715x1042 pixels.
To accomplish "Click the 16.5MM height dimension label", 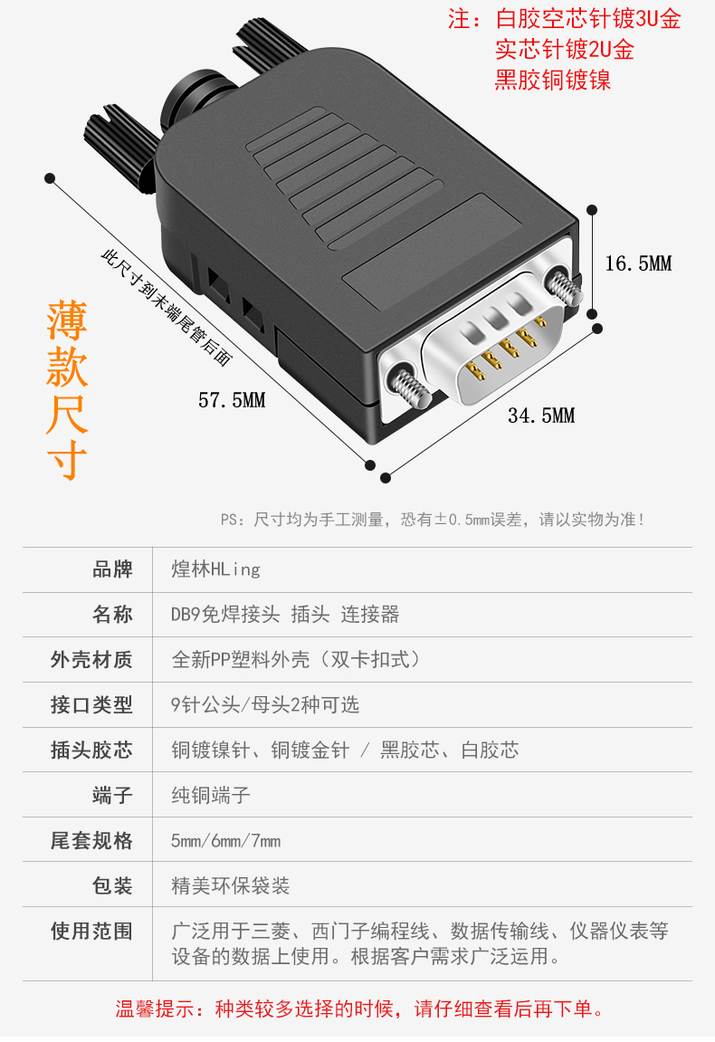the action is pyautogui.click(x=638, y=263).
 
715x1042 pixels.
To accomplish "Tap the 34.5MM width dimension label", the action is pyautogui.click(x=541, y=416).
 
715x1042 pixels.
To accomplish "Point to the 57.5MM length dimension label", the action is pyautogui.click(x=232, y=400).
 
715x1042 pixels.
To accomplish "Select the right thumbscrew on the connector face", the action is pyautogui.click(x=564, y=287).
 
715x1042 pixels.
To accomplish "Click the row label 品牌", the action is pyautogui.click(x=112, y=569).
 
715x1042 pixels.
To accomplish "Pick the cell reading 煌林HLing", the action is pyautogui.click(x=216, y=569).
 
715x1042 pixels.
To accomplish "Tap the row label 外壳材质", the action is pyautogui.click(x=91, y=660).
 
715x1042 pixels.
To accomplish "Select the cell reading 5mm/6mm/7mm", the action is pyautogui.click(x=226, y=841).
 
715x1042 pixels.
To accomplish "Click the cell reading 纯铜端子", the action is pyautogui.click(x=211, y=796).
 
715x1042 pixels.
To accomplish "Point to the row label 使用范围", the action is pyautogui.click(x=91, y=931).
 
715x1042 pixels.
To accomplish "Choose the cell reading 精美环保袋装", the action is pyautogui.click(x=231, y=885).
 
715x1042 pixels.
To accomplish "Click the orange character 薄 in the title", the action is pyautogui.click(x=67, y=320).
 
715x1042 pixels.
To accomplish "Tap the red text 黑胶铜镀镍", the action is pyautogui.click(x=553, y=81).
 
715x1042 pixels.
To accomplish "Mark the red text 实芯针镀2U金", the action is pyautogui.click(x=565, y=50).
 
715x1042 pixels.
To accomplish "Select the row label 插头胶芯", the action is pyautogui.click(x=91, y=750).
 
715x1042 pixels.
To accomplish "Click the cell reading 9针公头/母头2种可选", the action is pyautogui.click(x=265, y=705).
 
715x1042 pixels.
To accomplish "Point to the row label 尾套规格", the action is pyautogui.click(x=91, y=841).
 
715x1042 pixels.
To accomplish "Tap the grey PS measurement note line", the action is pyautogui.click(x=433, y=520).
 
